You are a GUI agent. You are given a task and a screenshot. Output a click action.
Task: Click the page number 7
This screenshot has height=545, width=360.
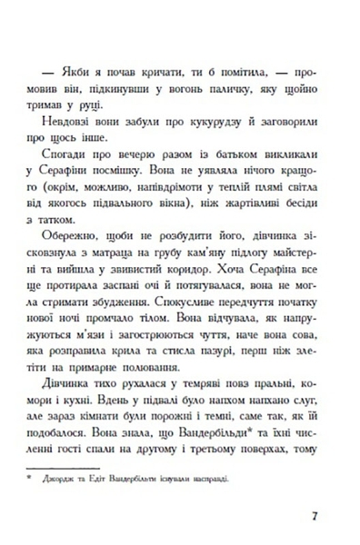312,517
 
